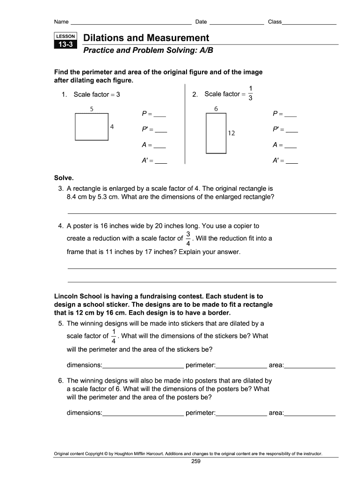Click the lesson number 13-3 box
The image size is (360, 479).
65,45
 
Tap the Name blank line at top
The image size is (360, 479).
130,22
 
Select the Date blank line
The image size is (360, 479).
237,22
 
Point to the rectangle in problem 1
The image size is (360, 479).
92,126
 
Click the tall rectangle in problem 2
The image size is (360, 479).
216,133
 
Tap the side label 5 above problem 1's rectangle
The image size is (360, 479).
92,109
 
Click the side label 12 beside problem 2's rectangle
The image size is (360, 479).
231,133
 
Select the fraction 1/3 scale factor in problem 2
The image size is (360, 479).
251,93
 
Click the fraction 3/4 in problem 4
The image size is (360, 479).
188,238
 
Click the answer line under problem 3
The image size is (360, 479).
202,213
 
